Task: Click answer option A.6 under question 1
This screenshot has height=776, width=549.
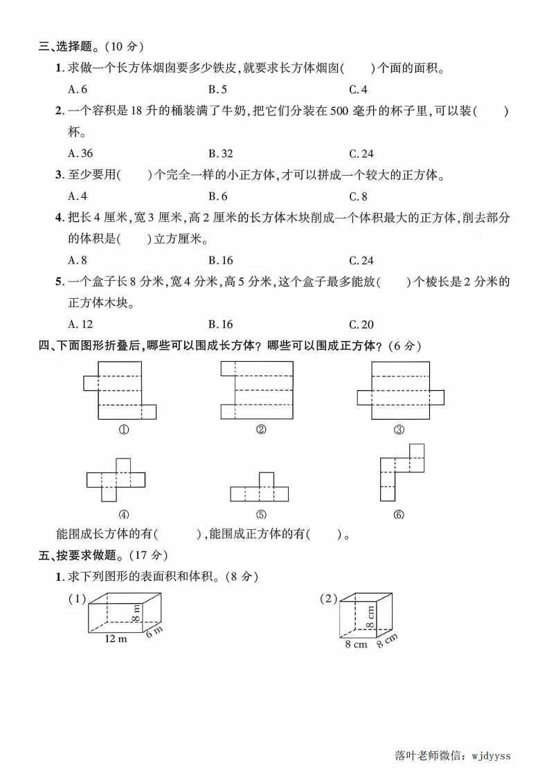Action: click(x=78, y=89)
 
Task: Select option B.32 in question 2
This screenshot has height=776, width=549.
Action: click(x=220, y=154)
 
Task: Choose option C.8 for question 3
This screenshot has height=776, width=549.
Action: click(x=358, y=196)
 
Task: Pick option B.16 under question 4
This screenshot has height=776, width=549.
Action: click(x=220, y=261)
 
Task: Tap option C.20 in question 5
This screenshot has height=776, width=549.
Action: click(x=361, y=324)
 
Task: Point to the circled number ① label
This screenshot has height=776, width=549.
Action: click(x=124, y=430)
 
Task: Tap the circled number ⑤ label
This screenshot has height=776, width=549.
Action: click(x=261, y=515)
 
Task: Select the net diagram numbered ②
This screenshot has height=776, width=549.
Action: click(x=257, y=390)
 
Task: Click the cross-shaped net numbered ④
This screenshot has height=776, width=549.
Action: click(x=116, y=479)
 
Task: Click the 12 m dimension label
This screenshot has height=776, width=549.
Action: click(x=116, y=638)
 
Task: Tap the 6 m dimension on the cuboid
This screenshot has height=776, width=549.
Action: click(x=154, y=631)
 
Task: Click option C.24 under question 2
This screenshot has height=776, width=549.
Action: click(x=361, y=154)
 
